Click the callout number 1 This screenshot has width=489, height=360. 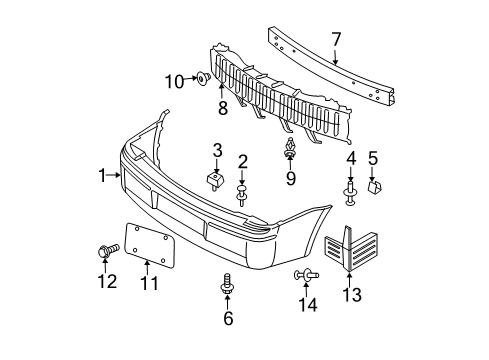[x=102, y=175]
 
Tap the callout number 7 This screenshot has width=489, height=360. [x=336, y=39]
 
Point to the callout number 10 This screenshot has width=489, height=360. [x=174, y=80]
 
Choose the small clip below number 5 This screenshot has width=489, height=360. [x=373, y=186]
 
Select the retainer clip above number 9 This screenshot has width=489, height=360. [x=289, y=150]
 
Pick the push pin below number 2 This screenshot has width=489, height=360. [x=242, y=190]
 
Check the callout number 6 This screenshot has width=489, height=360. [x=228, y=318]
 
